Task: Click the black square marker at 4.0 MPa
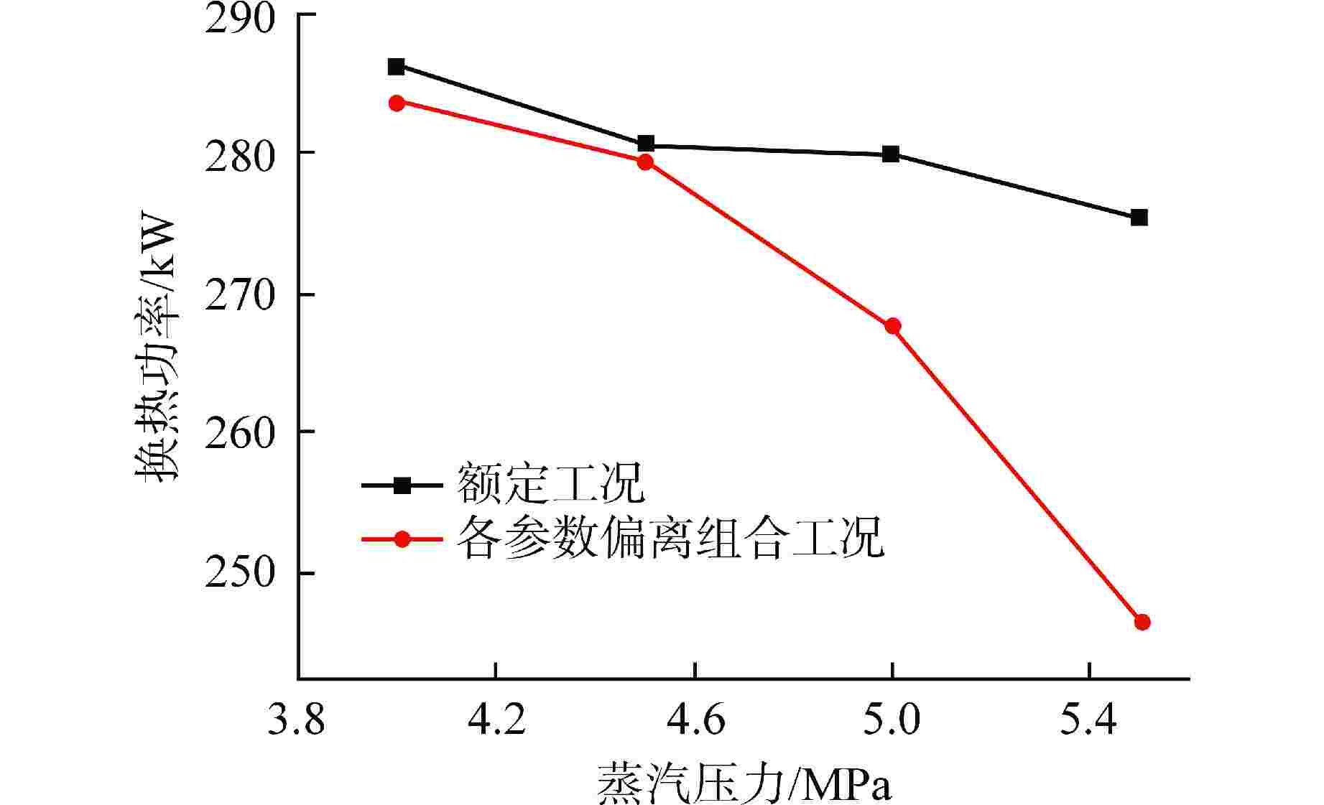[397, 67]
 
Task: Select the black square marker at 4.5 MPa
[646, 144]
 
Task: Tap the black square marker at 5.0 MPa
[891, 154]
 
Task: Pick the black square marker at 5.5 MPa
[1139, 218]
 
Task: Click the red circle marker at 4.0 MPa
[397, 103]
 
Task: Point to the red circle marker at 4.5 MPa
[645, 162]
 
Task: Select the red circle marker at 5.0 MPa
[892, 327]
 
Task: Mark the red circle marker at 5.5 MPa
[1142, 622]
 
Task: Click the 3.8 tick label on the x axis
[296, 720]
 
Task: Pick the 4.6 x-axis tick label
[695, 720]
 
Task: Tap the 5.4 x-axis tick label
[1089, 720]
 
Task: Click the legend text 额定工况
[551, 485]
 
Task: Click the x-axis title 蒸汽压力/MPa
[744, 784]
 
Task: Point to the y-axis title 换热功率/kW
[156, 347]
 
